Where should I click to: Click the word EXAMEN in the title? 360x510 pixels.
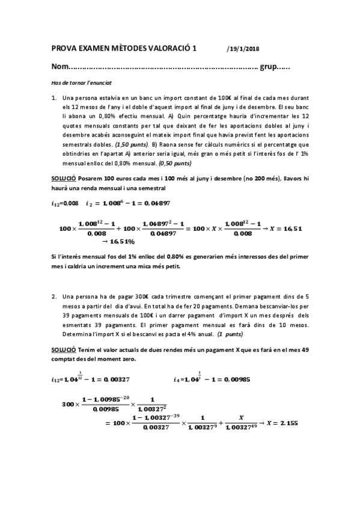click(92, 51)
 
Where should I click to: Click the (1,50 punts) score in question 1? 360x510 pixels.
click(130, 145)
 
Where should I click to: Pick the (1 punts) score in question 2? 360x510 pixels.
click(230, 333)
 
